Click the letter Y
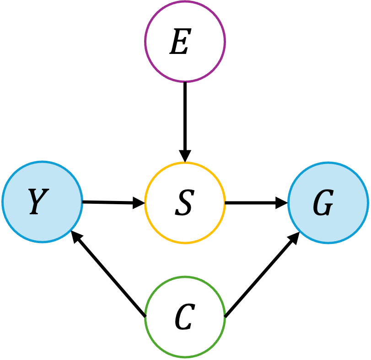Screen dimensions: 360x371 [x=38, y=201]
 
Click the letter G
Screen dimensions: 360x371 [x=323, y=203]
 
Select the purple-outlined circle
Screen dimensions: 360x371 [x=185, y=42]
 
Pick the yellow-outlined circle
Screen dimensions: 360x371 [x=185, y=202]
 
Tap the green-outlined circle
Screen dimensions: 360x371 [x=185, y=317]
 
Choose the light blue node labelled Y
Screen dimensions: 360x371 [x=42, y=202]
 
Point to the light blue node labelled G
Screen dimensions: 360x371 [x=328, y=202]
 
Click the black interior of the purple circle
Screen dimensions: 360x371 [x=185, y=42]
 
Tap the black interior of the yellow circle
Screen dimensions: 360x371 [x=185, y=202]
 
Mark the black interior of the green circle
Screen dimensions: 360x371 [x=185, y=317]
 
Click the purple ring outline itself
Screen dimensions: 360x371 [x=145, y=42]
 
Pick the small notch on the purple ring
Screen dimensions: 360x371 [x=185, y=82]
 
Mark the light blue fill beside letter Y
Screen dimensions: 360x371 [x=62, y=202]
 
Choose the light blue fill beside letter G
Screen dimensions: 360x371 [x=348, y=202]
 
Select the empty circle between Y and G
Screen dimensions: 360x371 [x=185, y=202]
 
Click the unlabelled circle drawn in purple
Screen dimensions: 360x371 [x=185, y=42]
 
